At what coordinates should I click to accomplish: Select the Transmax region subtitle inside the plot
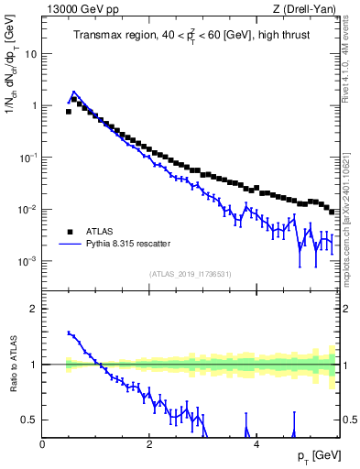pyautogui.click(x=191, y=36)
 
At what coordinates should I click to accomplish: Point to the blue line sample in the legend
pyautogui.click(x=69, y=245)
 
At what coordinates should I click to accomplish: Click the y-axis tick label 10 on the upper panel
pyautogui.click(x=31, y=53)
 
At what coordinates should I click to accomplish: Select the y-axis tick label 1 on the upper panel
pyautogui.click(x=34, y=105)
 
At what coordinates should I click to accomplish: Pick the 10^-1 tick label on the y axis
pyautogui.click(x=29, y=157)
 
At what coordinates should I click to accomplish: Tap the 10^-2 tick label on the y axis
pyautogui.click(x=29, y=209)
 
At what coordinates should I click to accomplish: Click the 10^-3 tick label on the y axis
pyautogui.click(x=29, y=261)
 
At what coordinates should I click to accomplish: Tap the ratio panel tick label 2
pyautogui.click(x=34, y=309)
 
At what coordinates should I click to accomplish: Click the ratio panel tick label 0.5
pyautogui.click(x=30, y=420)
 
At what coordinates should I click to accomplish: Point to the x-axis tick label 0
pyautogui.click(x=42, y=444)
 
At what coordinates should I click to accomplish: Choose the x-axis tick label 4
pyautogui.click(x=256, y=444)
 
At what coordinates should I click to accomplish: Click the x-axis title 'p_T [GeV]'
pyautogui.click(x=318, y=456)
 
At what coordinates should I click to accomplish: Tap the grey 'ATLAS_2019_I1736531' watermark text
pyautogui.click(x=191, y=274)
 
